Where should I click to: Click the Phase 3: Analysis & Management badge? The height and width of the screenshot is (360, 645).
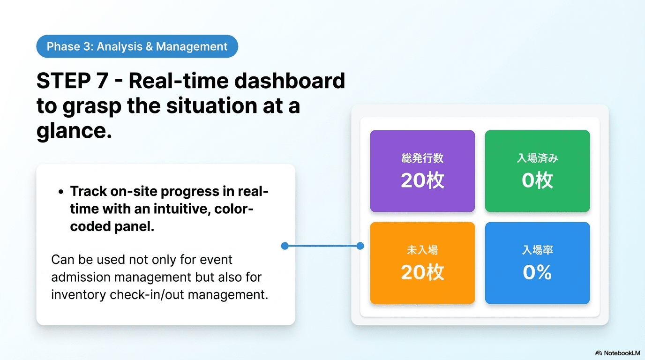(137, 46)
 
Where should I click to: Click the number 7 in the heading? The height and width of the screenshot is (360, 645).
(102, 81)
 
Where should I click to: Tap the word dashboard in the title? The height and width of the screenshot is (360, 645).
(289, 81)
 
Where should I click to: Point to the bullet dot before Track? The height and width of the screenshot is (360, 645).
(60, 192)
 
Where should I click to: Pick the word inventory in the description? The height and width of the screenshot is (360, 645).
(79, 295)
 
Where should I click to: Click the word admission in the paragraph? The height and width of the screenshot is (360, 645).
(81, 277)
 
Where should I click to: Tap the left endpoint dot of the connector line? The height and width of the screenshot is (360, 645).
(285, 246)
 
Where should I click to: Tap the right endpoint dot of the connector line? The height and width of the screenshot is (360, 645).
(360, 246)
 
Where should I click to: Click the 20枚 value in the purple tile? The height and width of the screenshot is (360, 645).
(422, 180)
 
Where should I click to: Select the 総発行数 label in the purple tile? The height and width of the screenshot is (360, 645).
(422, 158)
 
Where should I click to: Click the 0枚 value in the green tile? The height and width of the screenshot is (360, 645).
(537, 180)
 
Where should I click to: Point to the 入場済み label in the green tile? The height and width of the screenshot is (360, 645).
(537, 158)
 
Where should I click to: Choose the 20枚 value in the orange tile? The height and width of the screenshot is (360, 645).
(422, 272)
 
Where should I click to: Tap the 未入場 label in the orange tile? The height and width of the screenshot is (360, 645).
(422, 250)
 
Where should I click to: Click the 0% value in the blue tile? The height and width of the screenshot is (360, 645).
(537, 272)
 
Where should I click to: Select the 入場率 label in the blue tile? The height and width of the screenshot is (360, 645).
(537, 250)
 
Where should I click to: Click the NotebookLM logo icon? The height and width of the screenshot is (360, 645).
(598, 353)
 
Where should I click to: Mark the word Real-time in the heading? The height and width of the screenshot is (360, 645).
(179, 81)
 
